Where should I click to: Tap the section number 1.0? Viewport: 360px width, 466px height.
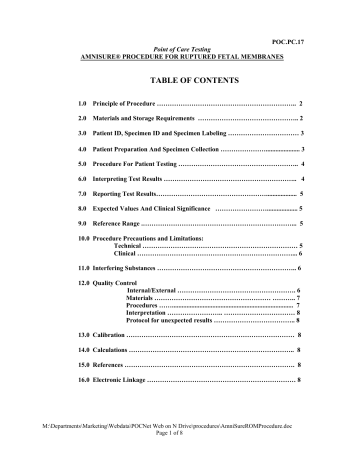[x=69, y=103]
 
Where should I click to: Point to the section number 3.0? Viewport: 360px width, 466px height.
[x=69, y=132]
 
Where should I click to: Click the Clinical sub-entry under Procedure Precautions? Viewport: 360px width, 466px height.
[x=125, y=255]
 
